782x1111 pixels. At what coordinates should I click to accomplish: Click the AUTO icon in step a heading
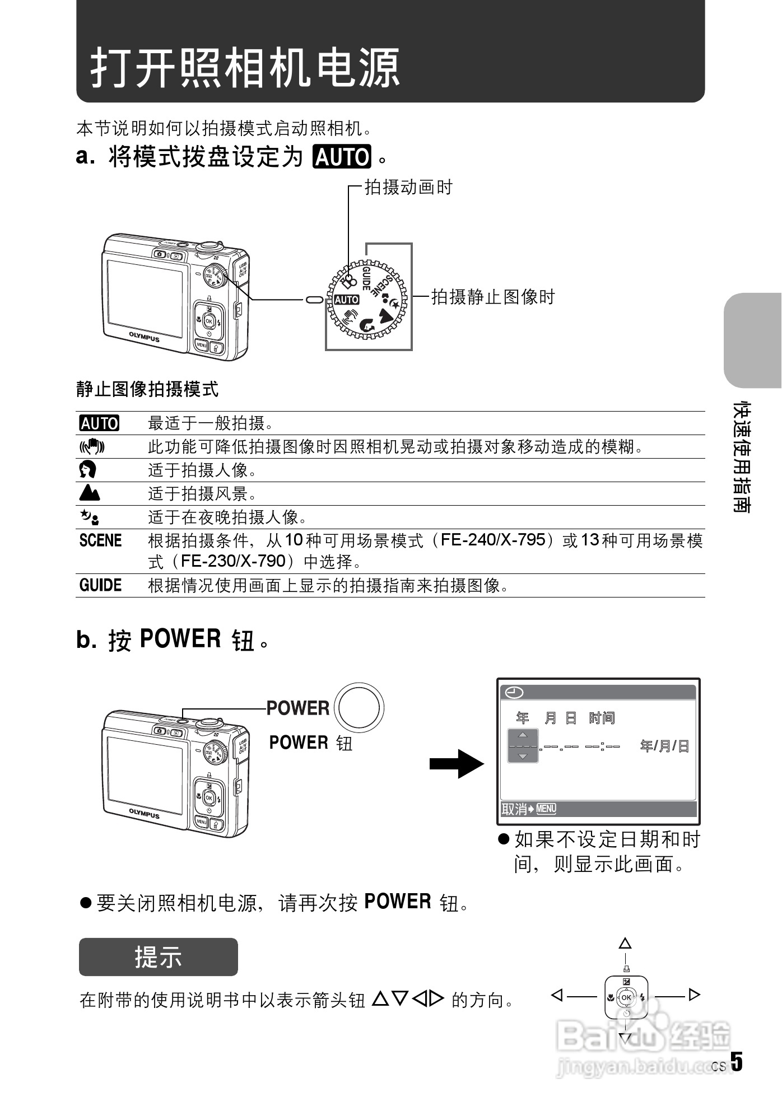tap(342, 157)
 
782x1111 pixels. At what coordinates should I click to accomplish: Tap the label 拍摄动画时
tap(408, 187)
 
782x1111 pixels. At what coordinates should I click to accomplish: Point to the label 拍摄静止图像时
tap(492, 297)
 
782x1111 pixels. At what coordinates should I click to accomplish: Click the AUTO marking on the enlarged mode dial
tap(346, 300)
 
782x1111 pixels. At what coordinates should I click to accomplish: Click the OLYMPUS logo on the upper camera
tap(145, 337)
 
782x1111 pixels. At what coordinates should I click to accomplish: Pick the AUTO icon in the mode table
tap(99, 423)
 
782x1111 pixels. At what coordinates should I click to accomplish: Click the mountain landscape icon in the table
tap(90, 493)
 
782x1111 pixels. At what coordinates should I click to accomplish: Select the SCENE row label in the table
tap(100, 540)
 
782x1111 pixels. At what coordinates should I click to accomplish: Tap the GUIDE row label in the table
tap(100, 586)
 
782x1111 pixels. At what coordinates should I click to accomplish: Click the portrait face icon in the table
tap(89, 469)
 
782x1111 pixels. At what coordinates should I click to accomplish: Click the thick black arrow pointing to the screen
tap(456, 764)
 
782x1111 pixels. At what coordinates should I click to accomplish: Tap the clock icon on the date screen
tap(514, 693)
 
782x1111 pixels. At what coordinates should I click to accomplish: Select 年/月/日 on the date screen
tap(664, 746)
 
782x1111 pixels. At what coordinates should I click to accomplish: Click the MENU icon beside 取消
tap(546, 809)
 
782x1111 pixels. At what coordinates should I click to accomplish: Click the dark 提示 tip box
tap(158, 957)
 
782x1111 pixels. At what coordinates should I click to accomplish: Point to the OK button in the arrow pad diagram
tap(626, 997)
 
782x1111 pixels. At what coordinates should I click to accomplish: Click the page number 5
tap(737, 1063)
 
